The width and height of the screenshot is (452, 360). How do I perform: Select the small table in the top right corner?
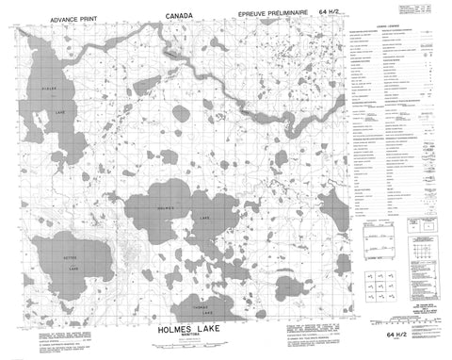[428, 8]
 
